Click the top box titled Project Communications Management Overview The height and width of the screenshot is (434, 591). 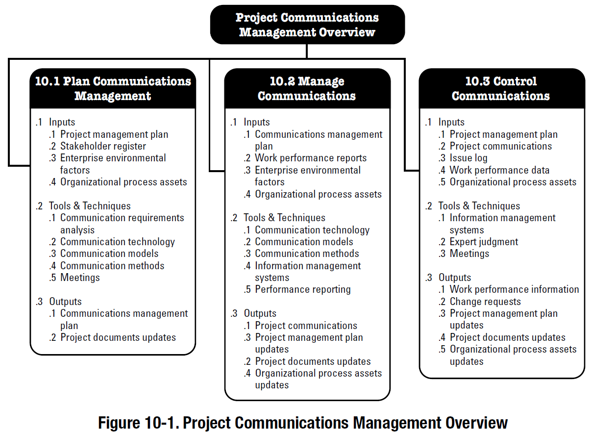(x=307, y=25)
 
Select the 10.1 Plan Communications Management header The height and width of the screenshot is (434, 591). (x=113, y=88)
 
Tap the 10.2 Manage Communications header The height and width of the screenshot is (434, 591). (x=307, y=88)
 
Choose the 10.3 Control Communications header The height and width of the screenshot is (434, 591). (x=502, y=88)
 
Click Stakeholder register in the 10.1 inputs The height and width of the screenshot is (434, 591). (x=103, y=146)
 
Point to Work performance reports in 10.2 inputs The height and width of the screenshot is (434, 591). (x=311, y=158)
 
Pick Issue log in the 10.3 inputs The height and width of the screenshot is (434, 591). (x=468, y=158)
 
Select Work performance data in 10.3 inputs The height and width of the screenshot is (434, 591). (x=499, y=170)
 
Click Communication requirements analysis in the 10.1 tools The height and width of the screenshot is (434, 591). (x=122, y=224)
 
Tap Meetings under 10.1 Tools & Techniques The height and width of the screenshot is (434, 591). (x=80, y=278)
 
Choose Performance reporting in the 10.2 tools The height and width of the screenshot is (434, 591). (x=303, y=290)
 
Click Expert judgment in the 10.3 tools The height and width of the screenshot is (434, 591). (x=484, y=242)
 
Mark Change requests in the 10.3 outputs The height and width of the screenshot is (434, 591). (x=485, y=302)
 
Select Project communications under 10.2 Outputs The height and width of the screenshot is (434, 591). (x=306, y=326)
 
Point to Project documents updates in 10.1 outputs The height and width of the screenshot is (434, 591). (x=118, y=337)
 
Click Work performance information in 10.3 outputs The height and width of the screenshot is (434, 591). (x=514, y=289)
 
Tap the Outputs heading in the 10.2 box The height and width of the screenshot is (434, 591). (x=260, y=313)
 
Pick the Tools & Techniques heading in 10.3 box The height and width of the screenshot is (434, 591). (x=479, y=206)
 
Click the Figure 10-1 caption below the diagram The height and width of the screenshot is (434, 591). (x=303, y=423)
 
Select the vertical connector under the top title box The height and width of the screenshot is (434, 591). (x=307, y=51)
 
